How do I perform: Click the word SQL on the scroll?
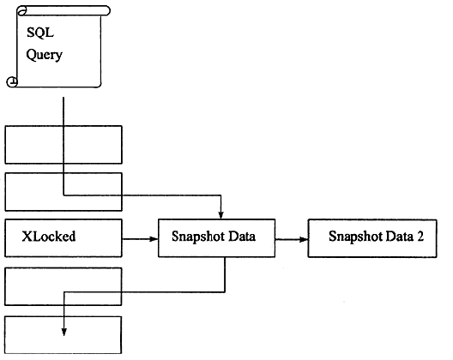[x=40, y=33]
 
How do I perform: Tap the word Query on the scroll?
[x=45, y=55]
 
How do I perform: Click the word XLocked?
[x=49, y=237]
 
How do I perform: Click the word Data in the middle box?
[x=242, y=237]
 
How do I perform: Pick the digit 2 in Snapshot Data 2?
[x=420, y=237]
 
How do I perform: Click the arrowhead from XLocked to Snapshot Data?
[x=153, y=239]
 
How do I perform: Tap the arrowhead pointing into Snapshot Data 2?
[x=303, y=239]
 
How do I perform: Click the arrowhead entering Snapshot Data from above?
[x=221, y=215]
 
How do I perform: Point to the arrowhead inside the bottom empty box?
[x=64, y=332]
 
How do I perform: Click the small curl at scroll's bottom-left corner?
[x=12, y=81]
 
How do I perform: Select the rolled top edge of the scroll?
[x=63, y=10]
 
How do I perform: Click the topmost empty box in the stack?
[x=63, y=145]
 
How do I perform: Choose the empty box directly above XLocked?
[x=63, y=192]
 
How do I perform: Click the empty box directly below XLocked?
[x=63, y=286]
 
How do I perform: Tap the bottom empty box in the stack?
[x=63, y=335]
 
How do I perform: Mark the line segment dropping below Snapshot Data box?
[x=225, y=274]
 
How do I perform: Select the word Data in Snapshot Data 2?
[x=399, y=237]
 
